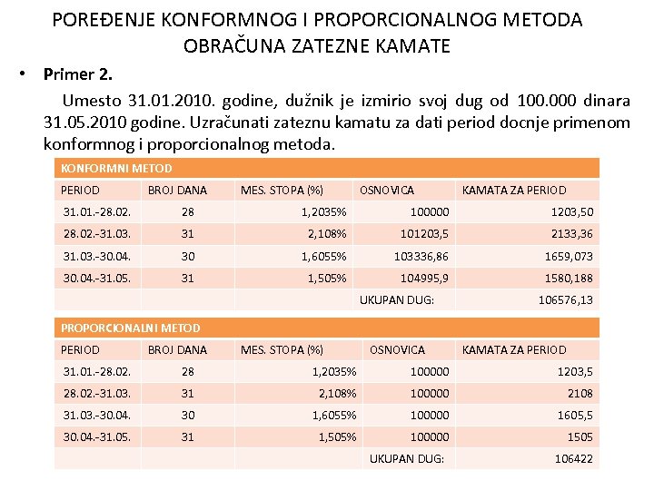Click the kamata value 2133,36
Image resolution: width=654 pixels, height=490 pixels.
[x=571, y=233]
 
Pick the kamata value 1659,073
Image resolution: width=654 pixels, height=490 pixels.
[x=569, y=256]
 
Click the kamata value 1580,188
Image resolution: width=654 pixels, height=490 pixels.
[x=569, y=278]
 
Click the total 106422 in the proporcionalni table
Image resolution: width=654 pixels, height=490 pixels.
[x=573, y=459]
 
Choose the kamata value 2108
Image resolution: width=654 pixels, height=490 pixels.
[x=580, y=393]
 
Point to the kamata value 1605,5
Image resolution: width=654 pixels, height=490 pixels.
[x=575, y=415]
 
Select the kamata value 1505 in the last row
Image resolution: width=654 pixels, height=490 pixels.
[x=580, y=436]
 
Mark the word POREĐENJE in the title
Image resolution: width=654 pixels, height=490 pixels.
[x=104, y=19]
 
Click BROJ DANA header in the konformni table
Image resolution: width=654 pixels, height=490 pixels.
[x=177, y=190]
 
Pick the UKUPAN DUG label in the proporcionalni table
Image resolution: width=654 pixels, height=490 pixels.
[x=407, y=459]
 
